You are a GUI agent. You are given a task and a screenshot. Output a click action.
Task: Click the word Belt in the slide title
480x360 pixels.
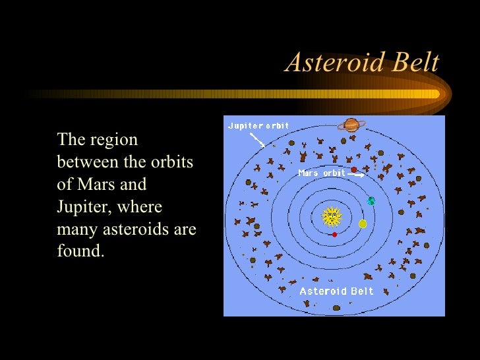click(x=413, y=63)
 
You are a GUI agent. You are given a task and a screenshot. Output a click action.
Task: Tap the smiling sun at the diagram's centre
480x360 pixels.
click(x=332, y=216)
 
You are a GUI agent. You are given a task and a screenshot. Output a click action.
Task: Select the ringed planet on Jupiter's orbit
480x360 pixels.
click(x=351, y=125)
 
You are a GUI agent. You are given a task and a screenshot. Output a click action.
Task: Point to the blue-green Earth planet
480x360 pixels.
click(x=371, y=200)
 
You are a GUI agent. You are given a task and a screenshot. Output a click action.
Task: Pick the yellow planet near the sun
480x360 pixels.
click(x=362, y=224)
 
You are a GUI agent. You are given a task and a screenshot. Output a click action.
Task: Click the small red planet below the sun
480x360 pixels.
click(x=335, y=234)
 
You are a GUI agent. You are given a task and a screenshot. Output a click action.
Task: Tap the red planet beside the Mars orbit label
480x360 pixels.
click(x=354, y=170)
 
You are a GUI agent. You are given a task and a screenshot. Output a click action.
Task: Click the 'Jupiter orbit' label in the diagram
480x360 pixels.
click(x=258, y=125)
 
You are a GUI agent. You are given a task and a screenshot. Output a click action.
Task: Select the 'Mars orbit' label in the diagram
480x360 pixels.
click(x=321, y=173)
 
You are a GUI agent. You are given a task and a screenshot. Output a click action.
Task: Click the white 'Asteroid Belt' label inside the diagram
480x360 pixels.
click(x=336, y=291)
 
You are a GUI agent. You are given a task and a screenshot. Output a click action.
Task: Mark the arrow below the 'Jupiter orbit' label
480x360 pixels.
click(x=257, y=139)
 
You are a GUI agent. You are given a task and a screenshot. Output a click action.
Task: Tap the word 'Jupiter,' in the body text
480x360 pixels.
click(x=84, y=208)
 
